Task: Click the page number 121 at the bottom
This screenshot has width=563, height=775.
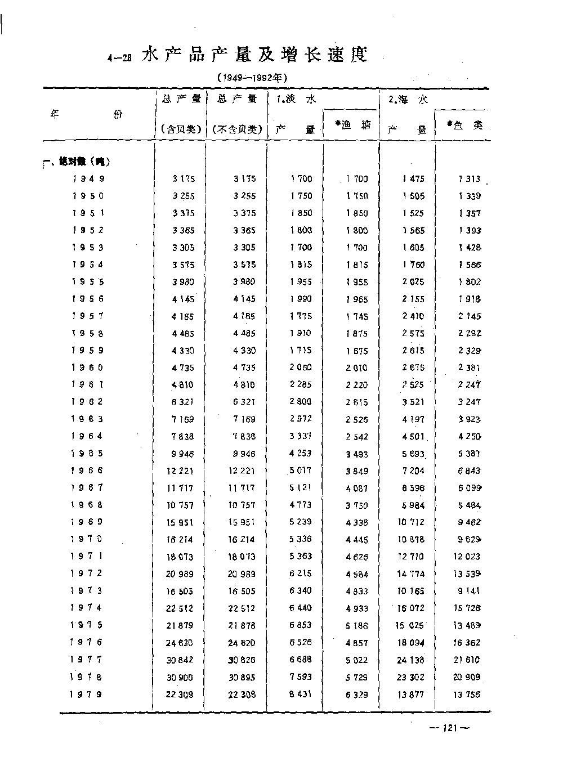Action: [449, 728]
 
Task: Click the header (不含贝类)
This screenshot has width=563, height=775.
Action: [237, 129]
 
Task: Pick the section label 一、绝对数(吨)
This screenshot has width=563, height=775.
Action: [76, 162]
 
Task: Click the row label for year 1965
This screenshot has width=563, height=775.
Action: [87, 453]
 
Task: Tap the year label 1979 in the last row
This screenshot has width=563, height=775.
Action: [86, 694]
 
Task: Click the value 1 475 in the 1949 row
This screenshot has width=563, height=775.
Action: [413, 179]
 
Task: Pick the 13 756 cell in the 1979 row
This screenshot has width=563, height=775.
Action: [467, 695]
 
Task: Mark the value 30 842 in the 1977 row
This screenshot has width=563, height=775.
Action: [180, 660]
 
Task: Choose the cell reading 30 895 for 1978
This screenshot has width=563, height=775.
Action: [241, 677]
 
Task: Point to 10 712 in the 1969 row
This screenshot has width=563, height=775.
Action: [411, 522]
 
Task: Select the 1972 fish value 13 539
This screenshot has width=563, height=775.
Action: [467, 574]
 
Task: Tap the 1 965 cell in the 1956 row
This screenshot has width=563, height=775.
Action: [357, 299]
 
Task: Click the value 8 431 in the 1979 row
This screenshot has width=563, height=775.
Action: [300, 694]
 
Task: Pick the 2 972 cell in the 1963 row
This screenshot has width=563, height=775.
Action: [300, 419]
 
